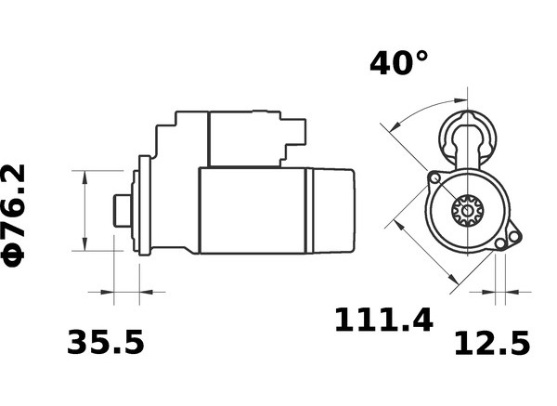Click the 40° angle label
(x=399, y=63)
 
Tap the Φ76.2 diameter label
(x=14, y=216)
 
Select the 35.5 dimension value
(x=106, y=343)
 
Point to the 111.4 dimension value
(x=384, y=320)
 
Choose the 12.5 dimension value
(x=492, y=343)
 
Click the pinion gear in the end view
(x=468, y=211)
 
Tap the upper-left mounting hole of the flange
(x=434, y=178)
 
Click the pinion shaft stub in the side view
(x=122, y=211)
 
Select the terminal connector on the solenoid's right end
(x=295, y=132)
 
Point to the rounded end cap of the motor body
(x=334, y=211)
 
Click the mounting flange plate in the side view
(x=144, y=205)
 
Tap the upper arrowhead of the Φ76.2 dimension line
(x=84, y=177)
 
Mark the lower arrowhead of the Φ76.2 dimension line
(x=84, y=244)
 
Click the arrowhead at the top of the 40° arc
(x=460, y=100)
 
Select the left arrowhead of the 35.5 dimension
(x=107, y=293)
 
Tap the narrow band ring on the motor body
(x=309, y=211)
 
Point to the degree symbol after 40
(x=421, y=57)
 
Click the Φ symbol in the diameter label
(x=14, y=256)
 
